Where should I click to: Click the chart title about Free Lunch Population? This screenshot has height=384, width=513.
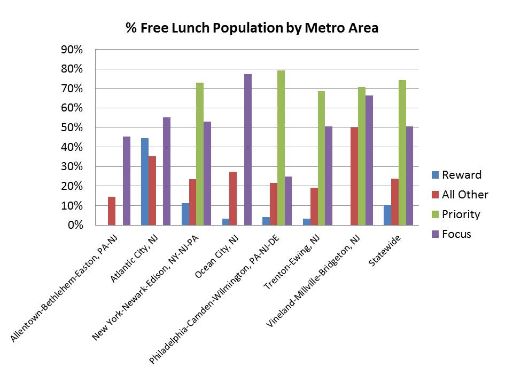pyautogui.click(x=252, y=28)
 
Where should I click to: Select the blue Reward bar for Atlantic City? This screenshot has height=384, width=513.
pyautogui.click(x=145, y=181)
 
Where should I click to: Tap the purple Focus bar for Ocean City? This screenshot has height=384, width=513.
pyautogui.click(x=248, y=149)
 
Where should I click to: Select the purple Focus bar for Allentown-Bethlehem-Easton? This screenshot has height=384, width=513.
pyautogui.click(x=127, y=181)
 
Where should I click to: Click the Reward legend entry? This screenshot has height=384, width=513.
pyautogui.click(x=456, y=175)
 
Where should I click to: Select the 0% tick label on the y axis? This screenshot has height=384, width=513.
pyautogui.click(x=75, y=226)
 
